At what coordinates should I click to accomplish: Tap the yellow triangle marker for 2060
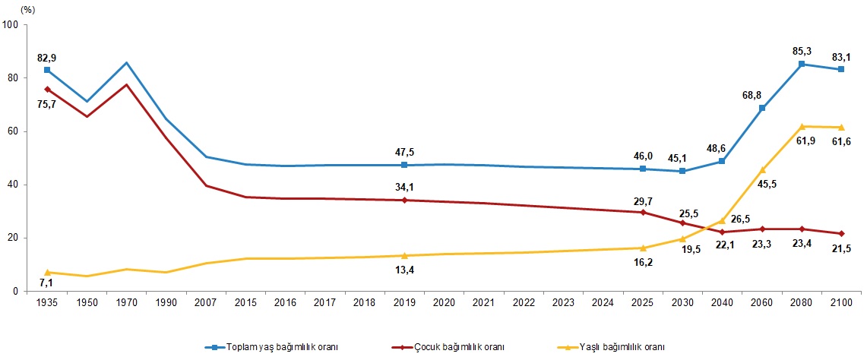pos(762,169)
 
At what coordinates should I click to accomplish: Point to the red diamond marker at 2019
pos(404,201)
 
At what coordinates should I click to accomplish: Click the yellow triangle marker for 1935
pos(47,272)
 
